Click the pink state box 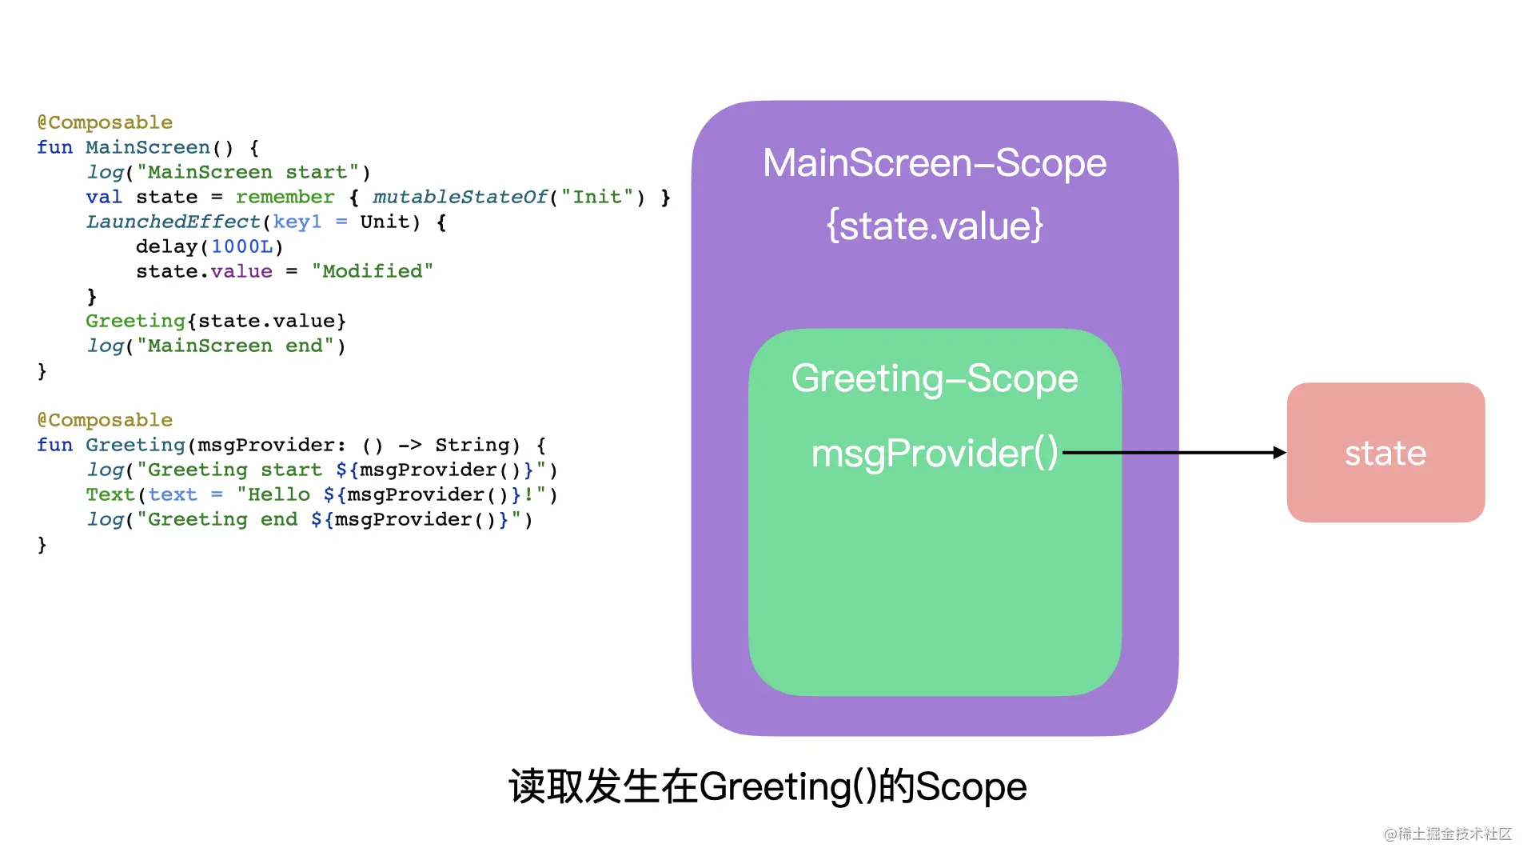(x=1385, y=453)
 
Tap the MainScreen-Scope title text (x=935, y=163)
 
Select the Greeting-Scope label (x=935, y=378)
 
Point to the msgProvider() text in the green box (x=935, y=454)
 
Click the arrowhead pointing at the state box (x=1279, y=453)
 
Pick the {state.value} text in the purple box (x=935, y=226)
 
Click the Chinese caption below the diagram (x=767, y=786)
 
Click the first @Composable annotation (x=105, y=122)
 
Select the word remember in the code (x=285, y=197)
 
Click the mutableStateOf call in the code (x=460, y=197)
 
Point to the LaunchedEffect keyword (x=173, y=222)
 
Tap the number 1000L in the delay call (x=242, y=246)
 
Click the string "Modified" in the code (x=373, y=271)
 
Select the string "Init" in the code (x=597, y=197)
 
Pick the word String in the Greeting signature (x=472, y=445)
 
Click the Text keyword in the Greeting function (x=110, y=494)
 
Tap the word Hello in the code (x=279, y=494)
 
